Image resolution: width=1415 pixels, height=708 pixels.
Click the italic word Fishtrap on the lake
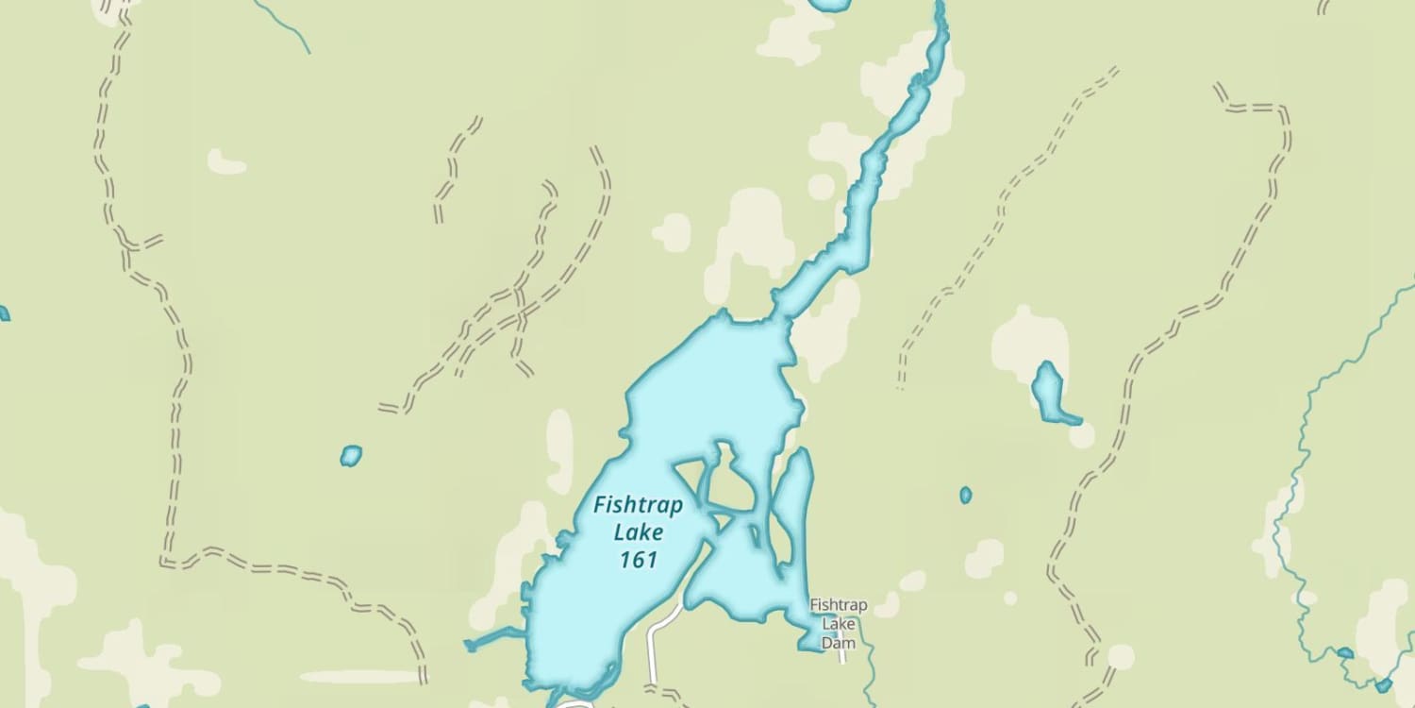coord(638,506)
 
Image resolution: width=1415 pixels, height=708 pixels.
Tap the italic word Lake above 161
coord(639,532)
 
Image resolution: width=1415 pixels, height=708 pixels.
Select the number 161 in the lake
coord(639,560)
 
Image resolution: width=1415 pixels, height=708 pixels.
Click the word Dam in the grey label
coord(838,644)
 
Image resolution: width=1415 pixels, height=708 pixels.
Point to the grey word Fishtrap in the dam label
coord(839,605)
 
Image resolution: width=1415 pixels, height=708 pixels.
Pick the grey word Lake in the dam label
coord(838,624)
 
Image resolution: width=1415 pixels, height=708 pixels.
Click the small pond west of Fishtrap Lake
coord(351,457)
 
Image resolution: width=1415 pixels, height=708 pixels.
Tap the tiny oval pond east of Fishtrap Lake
coord(965,495)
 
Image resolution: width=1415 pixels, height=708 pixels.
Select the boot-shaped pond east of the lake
coord(1048,390)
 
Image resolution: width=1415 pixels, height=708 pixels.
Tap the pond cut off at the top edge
coord(830,4)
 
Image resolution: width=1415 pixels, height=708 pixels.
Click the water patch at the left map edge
coord(3,313)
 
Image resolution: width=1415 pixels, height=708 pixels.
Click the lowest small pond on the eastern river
coord(1383,685)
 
